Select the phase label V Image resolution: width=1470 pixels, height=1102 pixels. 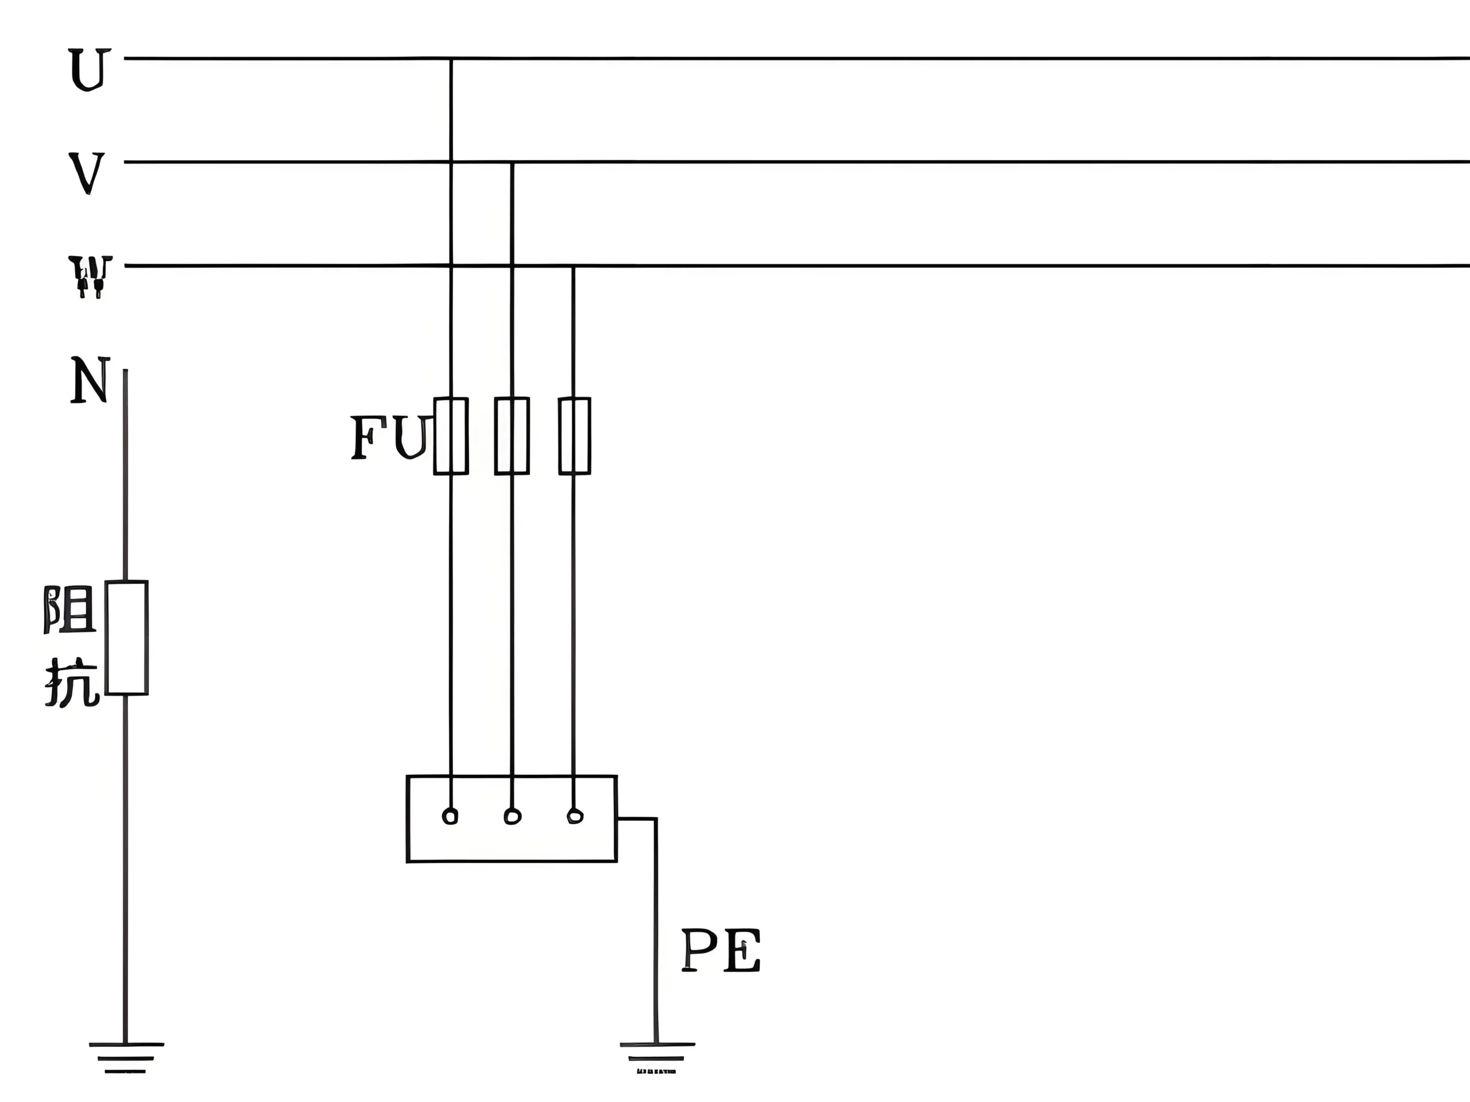[x=87, y=173]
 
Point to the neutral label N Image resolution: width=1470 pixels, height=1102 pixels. [x=90, y=380]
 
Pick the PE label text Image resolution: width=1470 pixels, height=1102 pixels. [x=721, y=950]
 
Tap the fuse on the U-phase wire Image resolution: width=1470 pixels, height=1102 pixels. [x=451, y=436]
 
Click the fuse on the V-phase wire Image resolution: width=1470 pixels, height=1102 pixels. [x=512, y=436]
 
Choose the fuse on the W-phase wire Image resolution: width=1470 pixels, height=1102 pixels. [x=574, y=436]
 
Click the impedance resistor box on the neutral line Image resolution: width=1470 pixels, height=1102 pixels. [x=126, y=638]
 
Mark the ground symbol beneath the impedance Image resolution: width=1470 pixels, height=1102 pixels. [x=126, y=1057]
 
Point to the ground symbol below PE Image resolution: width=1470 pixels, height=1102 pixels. [x=656, y=1057]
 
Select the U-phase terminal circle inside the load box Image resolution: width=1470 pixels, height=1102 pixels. [x=450, y=816]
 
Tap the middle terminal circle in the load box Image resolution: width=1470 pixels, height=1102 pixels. [x=512, y=816]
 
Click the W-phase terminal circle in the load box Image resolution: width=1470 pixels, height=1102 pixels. [x=575, y=816]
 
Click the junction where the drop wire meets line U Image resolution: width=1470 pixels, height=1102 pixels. [x=451, y=59]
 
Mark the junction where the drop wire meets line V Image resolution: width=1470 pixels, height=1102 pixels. [x=512, y=162]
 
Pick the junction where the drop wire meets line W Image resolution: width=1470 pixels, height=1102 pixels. [x=574, y=266]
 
